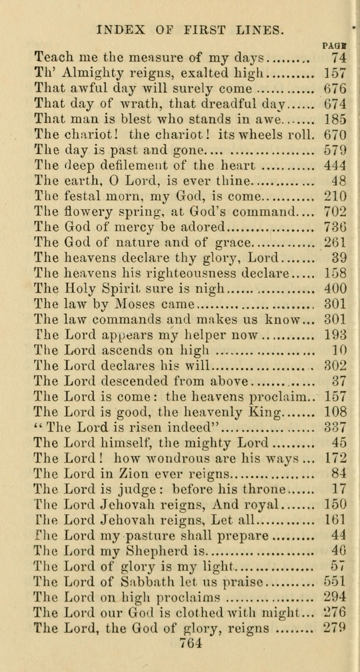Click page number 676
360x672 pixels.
click(335, 88)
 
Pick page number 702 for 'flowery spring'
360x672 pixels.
click(335, 212)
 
